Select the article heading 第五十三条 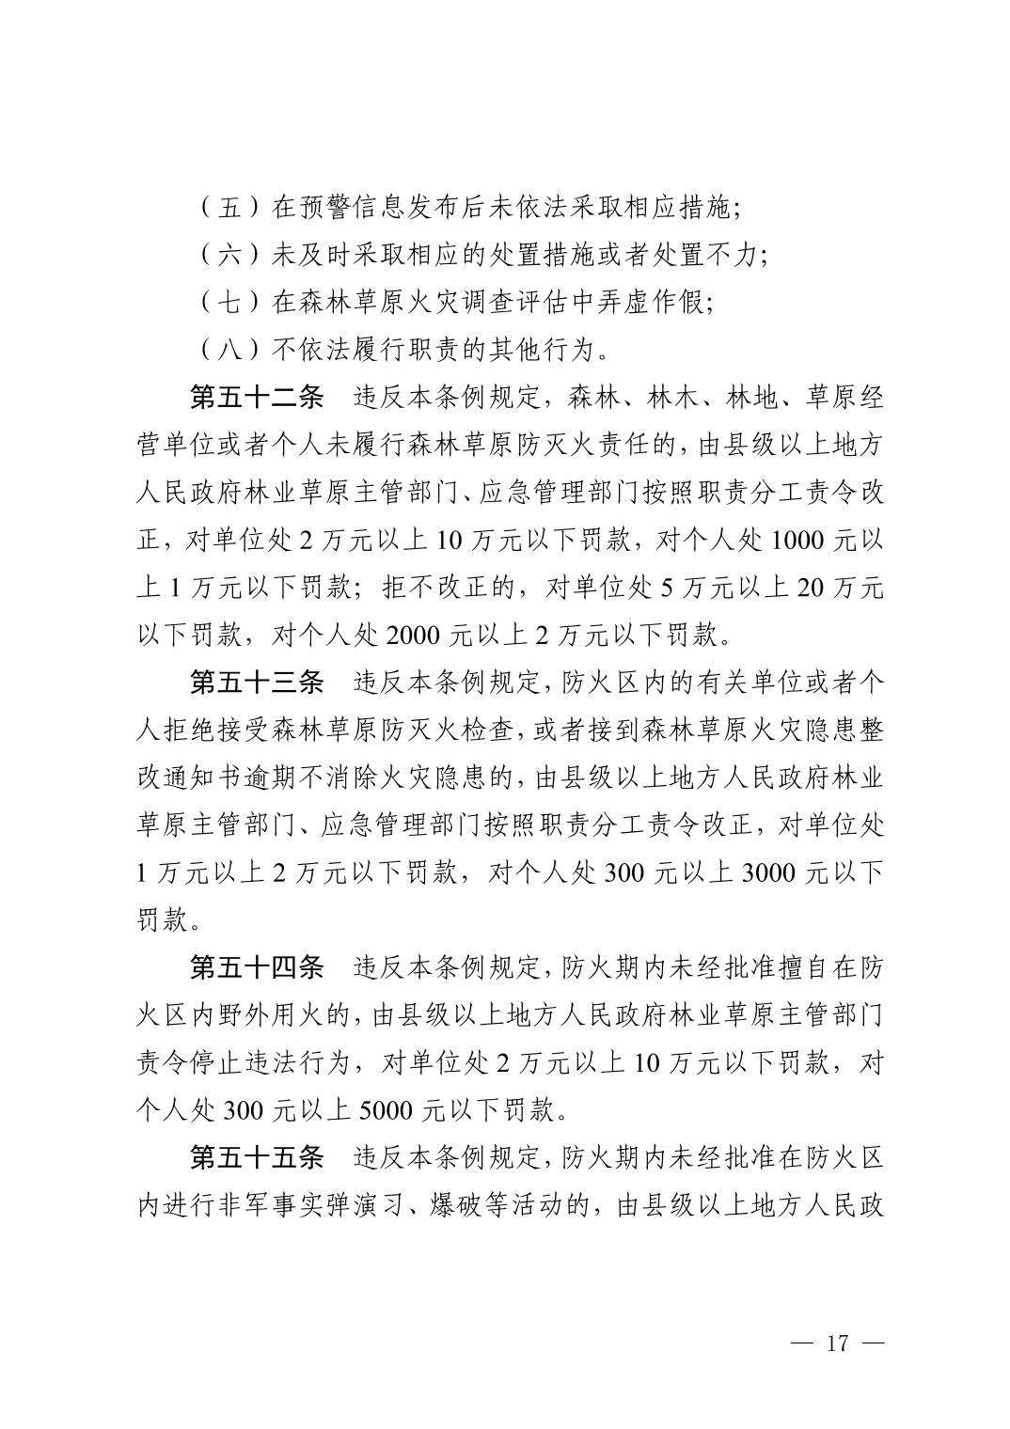(x=257, y=682)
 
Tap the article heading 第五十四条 (x=257, y=966)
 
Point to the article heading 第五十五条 (x=257, y=1156)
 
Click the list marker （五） (x=229, y=207)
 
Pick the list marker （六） (x=229, y=255)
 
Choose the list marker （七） (x=229, y=302)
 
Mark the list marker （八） (x=229, y=350)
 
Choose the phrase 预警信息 (x=353, y=207)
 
